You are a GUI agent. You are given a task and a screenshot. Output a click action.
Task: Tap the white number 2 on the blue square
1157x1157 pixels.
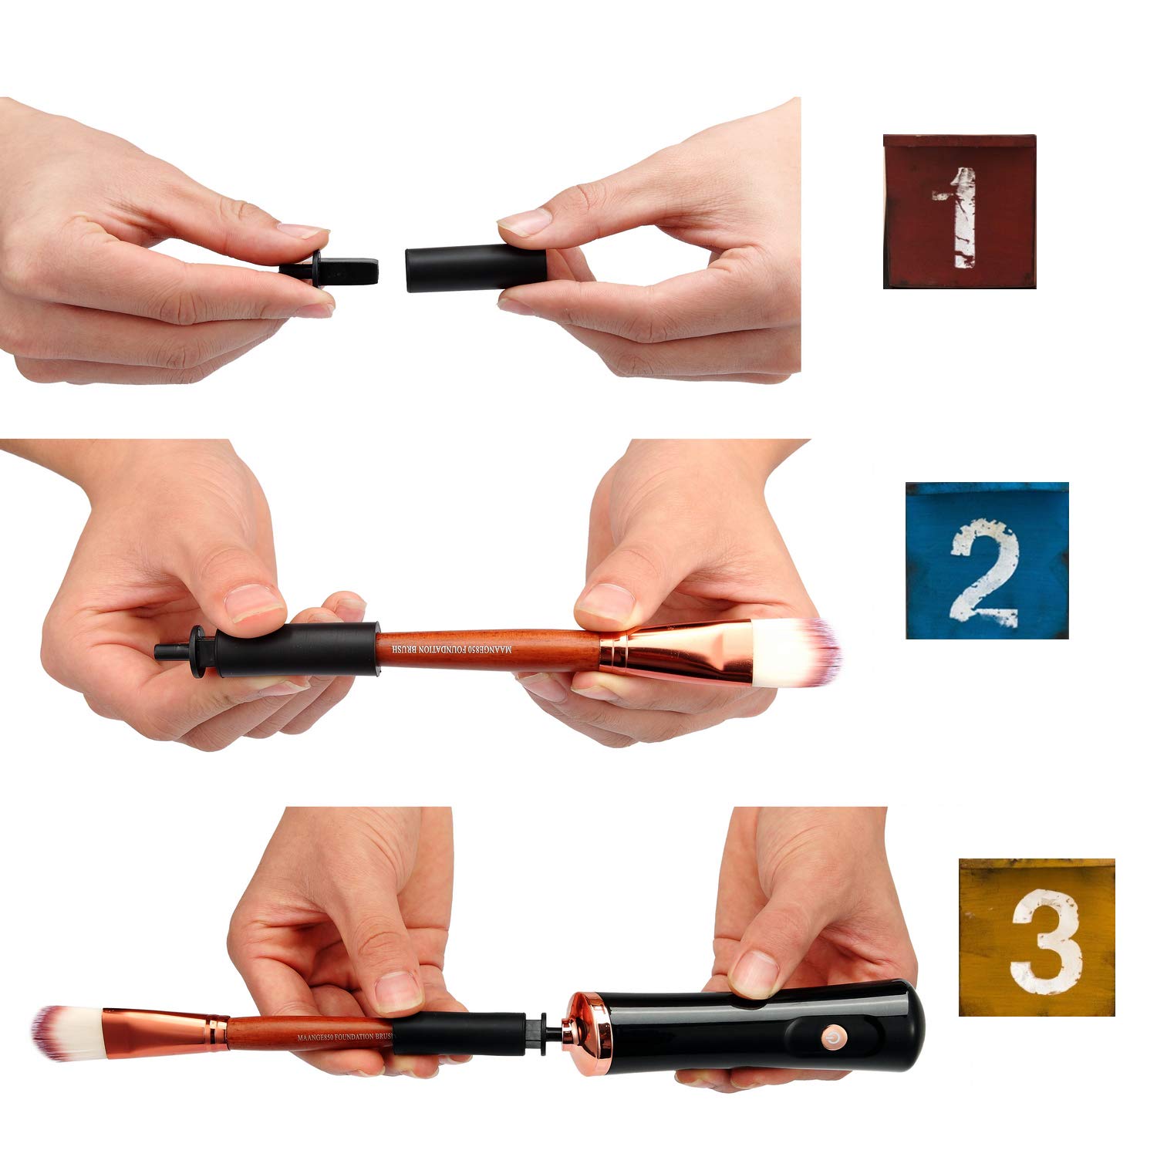(x=986, y=568)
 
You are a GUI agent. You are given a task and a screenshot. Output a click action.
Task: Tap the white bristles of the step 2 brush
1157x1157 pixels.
(x=794, y=653)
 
